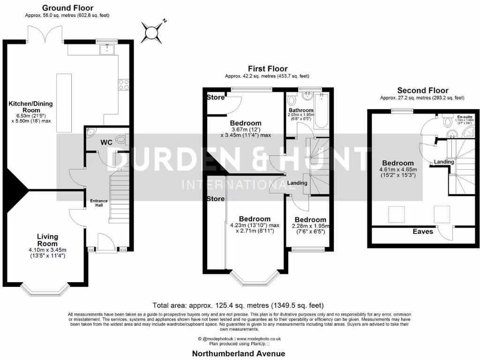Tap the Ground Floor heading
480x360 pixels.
coord(67,8)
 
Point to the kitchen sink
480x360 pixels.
coord(107,48)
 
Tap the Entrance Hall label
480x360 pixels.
coord(99,203)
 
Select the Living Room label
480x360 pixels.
coord(47,240)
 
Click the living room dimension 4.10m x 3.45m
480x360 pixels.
coord(47,253)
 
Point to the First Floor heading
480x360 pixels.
coord(268,69)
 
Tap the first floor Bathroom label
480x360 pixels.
coord(301,111)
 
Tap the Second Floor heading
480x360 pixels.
coord(422,90)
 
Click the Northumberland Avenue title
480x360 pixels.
coord(240,353)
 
